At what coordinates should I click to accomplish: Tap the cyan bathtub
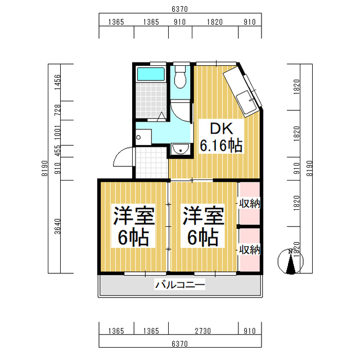pyautogui.click(x=151, y=74)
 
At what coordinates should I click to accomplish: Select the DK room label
pyautogui.click(x=222, y=129)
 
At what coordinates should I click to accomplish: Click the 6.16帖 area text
pyautogui.click(x=221, y=145)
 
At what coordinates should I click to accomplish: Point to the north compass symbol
pyautogui.click(x=291, y=262)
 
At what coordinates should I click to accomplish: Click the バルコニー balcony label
pyautogui.click(x=180, y=285)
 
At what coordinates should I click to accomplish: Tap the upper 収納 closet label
pyautogui.click(x=250, y=204)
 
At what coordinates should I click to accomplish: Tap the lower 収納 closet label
pyautogui.click(x=250, y=250)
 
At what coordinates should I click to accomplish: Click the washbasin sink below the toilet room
pyautogui.click(x=181, y=148)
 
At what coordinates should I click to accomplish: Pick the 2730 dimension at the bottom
pyautogui.click(x=202, y=331)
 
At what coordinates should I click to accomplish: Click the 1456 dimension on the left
pyautogui.click(x=57, y=82)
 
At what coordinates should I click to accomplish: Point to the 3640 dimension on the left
pyautogui.click(x=57, y=226)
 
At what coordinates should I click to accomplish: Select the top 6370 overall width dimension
pyautogui.click(x=180, y=9)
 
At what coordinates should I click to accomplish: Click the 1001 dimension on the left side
pyautogui.click(x=57, y=133)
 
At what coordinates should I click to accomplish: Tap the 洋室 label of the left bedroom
pyautogui.click(x=134, y=215)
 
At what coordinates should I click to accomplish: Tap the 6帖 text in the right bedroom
pyautogui.click(x=203, y=237)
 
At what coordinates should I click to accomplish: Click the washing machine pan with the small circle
pyautogui.click(x=143, y=137)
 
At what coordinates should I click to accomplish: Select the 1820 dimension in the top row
pyautogui.click(x=215, y=22)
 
